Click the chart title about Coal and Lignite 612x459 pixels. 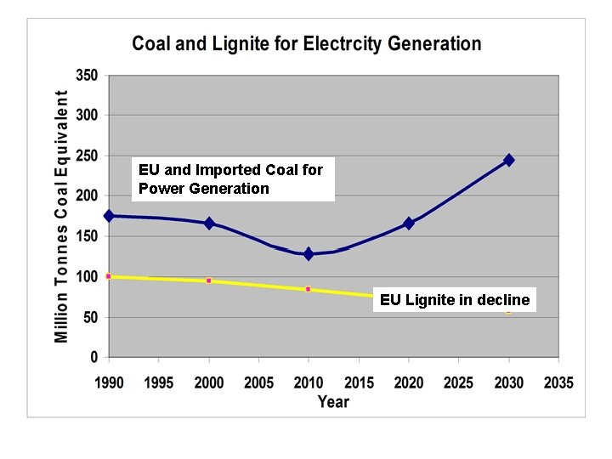click(x=306, y=44)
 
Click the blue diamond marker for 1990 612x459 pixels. click(x=109, y=216)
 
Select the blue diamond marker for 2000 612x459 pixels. click(x=209, y=223)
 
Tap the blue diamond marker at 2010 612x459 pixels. click(x=309, y=254)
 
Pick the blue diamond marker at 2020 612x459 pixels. click(x=409, y=223)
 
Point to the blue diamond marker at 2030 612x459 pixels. click(x=508, y=160)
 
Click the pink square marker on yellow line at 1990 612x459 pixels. click(x=109, y=276)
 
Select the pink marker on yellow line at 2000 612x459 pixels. click(x=209, y=280)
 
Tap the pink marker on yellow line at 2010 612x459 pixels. click(x=309, y=289)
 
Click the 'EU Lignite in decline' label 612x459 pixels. click(x=455, y=300)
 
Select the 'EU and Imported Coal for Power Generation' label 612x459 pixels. click(x=231, y=179)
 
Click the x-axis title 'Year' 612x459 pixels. click(x=333, y=401)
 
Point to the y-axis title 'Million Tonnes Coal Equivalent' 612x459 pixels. click(x=62, y=217)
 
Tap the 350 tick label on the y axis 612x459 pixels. click(x=87, y=75)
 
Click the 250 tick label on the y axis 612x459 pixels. click(x=87, y=156)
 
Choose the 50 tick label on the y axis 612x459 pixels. click(x=90, y=318)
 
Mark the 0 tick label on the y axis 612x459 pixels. click(x=93, y=358)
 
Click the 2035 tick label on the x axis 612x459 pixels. click(x=558, y=383)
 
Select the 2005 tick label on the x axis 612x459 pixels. click(x=258, y=383)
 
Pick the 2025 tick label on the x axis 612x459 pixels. click(x=458, y=383)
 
